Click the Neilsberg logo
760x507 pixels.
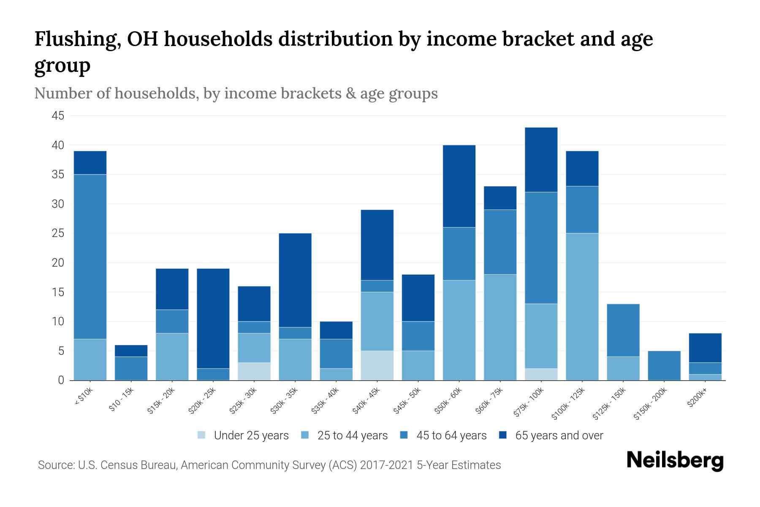(675, 461)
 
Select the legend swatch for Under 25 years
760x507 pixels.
(202, 435)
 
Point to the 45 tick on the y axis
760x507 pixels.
(58, 116)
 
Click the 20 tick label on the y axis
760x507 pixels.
(58, 263)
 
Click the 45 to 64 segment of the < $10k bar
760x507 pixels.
(90, 256)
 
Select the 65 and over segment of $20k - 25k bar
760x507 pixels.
(213, 318)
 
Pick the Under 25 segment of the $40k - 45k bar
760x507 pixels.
(377, 365)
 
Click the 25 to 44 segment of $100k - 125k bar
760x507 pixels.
(582, 306)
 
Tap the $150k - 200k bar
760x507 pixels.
(664, 365)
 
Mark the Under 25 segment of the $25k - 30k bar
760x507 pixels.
(254, 371)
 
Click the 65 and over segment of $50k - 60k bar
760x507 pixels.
(459, 186)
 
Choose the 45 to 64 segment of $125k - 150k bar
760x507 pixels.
(623, 330)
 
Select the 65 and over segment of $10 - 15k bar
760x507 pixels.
(131, 351)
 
